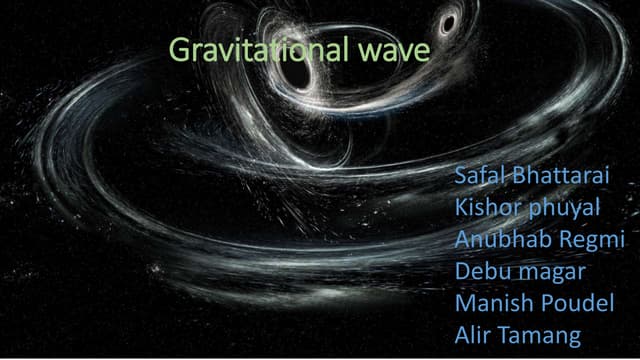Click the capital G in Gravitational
(179, 51)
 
